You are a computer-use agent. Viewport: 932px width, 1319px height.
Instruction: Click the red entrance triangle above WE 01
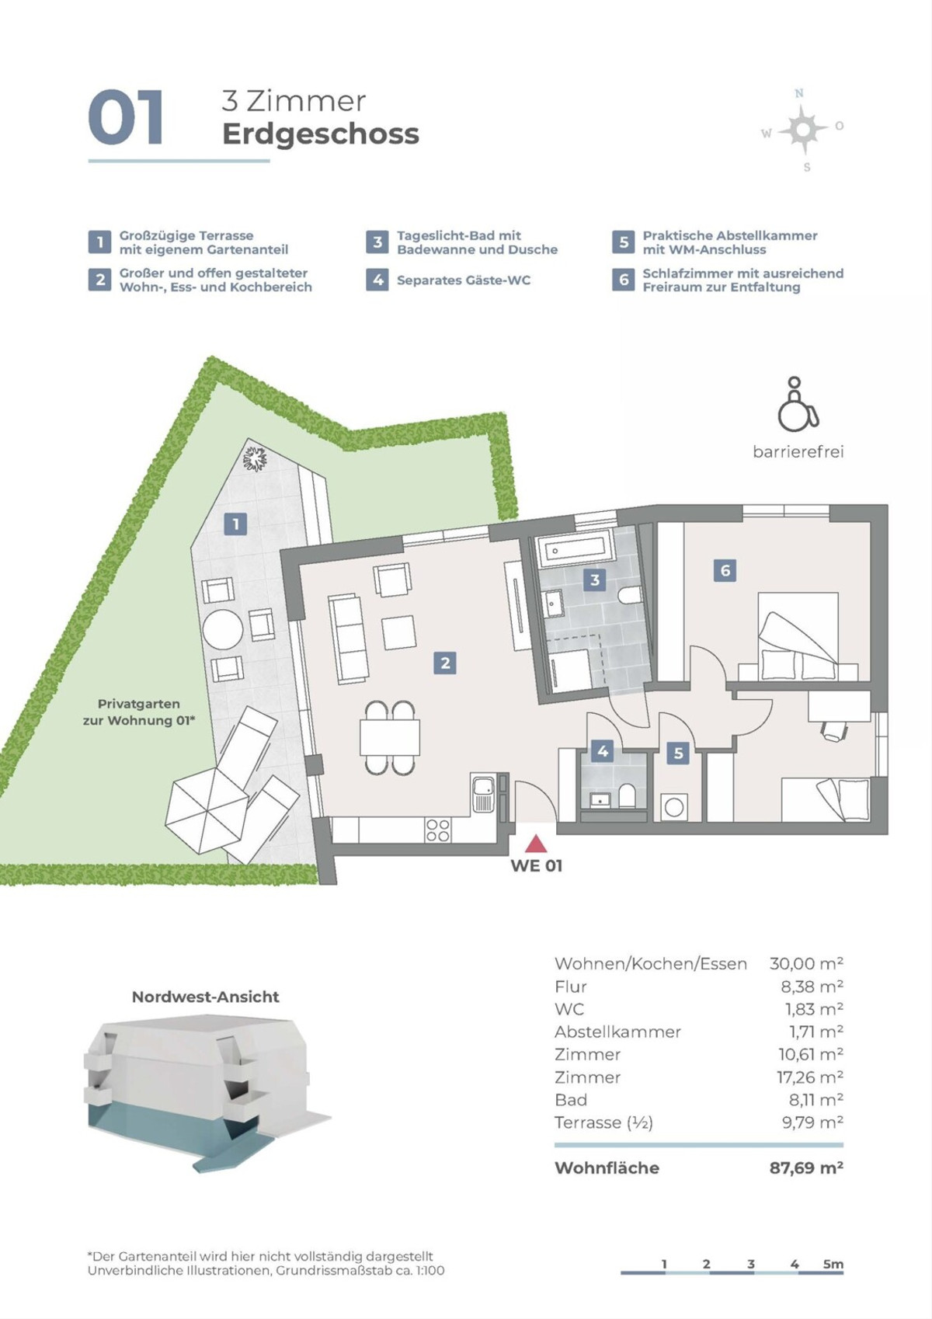pos(535,844)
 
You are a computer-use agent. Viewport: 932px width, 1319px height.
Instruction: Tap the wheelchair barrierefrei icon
pos(798,405)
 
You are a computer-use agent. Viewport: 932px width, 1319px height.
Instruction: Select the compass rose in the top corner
pos(803,130)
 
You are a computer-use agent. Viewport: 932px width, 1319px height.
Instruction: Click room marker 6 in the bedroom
pos(725,571)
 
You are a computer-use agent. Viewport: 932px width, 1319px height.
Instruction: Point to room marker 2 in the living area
pos(445,663)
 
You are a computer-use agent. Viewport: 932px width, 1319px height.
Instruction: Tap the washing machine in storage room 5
pos(674,807)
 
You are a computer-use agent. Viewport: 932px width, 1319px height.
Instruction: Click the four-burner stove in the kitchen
pos(437,830)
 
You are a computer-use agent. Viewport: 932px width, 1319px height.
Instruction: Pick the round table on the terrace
pos(222,629)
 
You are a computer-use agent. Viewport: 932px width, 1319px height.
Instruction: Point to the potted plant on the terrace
pos(254,458)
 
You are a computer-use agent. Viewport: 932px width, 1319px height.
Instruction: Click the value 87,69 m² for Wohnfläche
pos(806,1168)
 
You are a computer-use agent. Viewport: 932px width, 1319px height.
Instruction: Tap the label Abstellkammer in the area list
pos(617,1032)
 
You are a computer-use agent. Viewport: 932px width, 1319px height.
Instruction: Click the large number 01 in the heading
pos(126,118)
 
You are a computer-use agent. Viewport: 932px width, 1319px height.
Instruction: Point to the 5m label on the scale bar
pos(833,1264)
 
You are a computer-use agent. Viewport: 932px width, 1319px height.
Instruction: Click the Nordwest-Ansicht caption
pos(205,997)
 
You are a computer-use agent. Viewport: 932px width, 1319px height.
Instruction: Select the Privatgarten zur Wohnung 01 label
pos(138,712)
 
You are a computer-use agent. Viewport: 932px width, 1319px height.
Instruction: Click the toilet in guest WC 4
pos(627,796)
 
